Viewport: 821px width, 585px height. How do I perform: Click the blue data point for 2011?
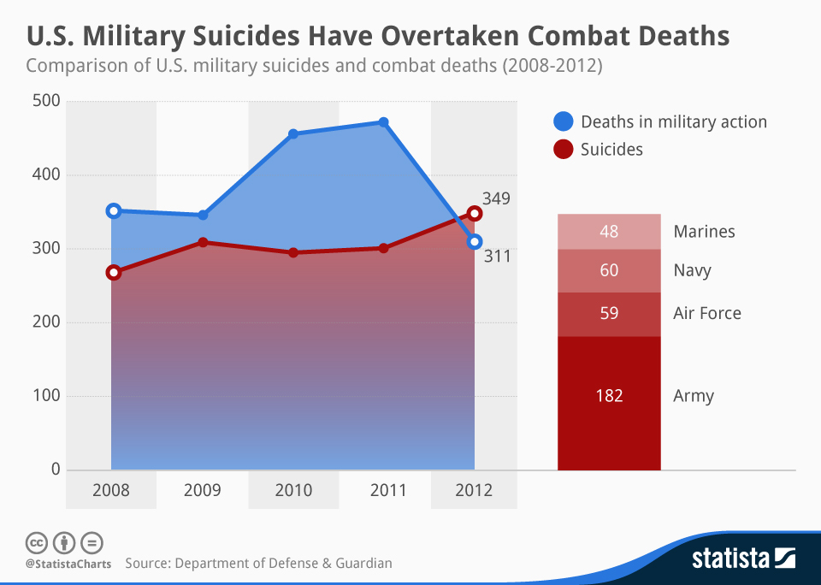coord(384,122)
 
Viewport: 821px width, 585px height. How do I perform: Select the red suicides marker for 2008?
coord(113,273)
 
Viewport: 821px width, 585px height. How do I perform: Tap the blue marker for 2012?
coord(475,242)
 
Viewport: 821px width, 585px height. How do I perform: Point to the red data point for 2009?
coord(203,242)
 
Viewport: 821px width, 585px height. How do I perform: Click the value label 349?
coord(496,199)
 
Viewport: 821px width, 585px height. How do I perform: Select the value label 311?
coord(496,255)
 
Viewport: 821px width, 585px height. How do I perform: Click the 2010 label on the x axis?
coord(293,490)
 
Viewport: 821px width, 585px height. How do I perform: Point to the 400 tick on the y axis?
coord(45,175)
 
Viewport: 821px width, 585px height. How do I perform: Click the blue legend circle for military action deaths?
coord(564,121)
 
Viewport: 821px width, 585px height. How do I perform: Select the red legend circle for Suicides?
coord(564,149)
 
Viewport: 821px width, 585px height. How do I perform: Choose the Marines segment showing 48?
coord(609,232)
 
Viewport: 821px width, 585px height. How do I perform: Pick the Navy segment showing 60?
coord(609,271)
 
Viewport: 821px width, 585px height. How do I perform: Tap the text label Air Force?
coord(707,313)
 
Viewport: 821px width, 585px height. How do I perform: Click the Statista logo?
coord(743,559)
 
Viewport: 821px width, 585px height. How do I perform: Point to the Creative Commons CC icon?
coord(36,542)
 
